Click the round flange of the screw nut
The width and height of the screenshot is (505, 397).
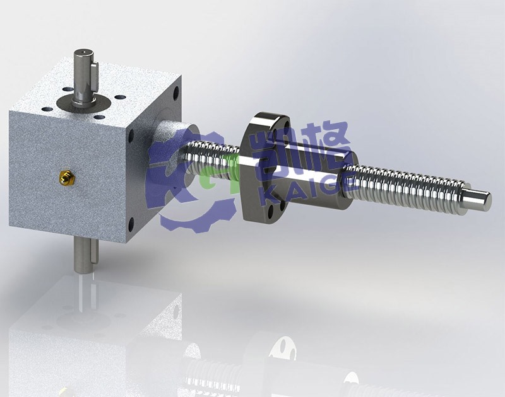point(258,166)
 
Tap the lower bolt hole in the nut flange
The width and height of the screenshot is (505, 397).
point(270,210)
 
